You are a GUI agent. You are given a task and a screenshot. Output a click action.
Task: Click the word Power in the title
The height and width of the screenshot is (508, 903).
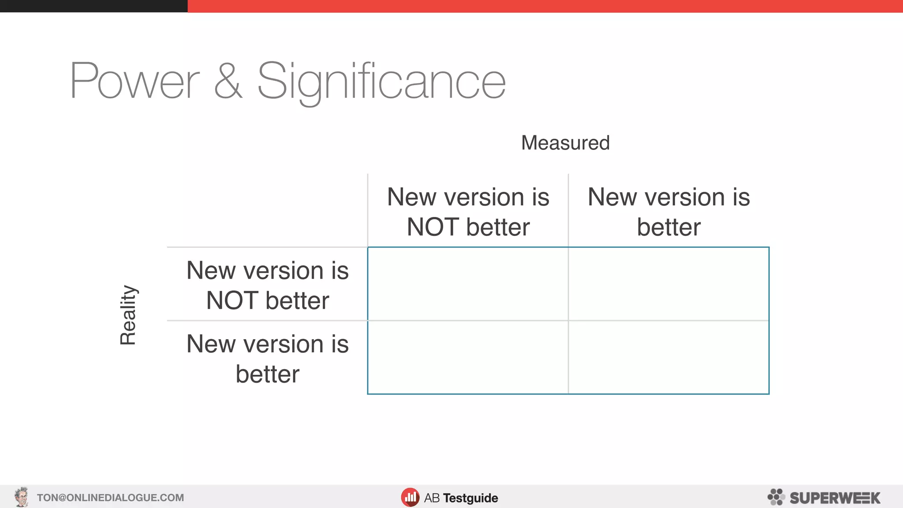(x=134, y=82)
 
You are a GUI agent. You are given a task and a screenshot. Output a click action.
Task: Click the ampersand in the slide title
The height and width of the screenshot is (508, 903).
(x=228, y=82)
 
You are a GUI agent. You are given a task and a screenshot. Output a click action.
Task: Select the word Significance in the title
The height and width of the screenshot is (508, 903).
(x=381, y=82)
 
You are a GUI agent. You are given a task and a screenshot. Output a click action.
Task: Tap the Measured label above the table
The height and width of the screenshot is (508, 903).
(x=565, y=143)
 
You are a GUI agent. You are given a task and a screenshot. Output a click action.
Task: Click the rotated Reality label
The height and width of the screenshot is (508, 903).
(x=128, y=315)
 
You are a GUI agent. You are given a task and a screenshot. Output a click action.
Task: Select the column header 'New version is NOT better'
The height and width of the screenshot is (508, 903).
(x=468, y=212)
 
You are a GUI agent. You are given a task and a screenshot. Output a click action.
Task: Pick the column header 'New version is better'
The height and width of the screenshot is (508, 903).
(x=668, y=212)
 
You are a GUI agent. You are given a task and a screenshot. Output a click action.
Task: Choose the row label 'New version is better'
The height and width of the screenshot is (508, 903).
(x=267, y=359)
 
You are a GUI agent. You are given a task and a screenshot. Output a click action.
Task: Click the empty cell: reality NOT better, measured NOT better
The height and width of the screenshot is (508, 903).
(x=468, y=284)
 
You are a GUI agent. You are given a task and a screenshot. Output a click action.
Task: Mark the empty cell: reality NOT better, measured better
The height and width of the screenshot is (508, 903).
(x=668, y=284)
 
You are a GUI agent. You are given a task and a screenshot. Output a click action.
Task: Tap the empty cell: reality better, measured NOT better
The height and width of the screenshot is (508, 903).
(x=468, y=357)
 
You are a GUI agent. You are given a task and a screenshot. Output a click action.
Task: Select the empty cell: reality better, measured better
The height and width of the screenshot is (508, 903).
(x=668, y=357)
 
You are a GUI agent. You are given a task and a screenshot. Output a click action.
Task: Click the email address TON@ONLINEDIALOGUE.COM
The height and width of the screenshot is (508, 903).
(x=110, y=498)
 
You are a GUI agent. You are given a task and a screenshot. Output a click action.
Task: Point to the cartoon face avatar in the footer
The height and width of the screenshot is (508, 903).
(x=21, y=497)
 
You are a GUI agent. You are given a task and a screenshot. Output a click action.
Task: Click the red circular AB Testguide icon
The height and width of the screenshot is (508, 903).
(x=410, y=497)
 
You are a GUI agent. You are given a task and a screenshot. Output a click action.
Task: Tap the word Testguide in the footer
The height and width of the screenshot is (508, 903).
(x=470, y=498)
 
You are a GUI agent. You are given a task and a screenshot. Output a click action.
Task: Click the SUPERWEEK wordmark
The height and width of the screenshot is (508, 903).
(x=835, y=498)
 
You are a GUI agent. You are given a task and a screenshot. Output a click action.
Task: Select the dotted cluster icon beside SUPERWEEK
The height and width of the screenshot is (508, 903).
(x=776, y=497)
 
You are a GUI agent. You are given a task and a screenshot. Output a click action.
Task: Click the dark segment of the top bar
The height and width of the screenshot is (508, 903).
(x=93, y=6)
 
